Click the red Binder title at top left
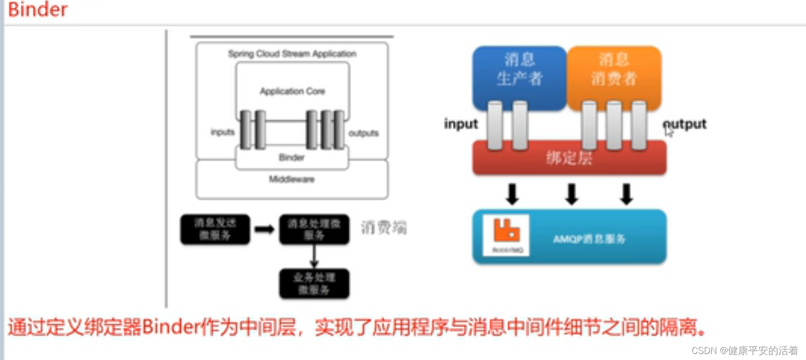[38, 10]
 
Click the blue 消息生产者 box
[519, 70]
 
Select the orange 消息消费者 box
[614, 70]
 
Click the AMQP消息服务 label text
[589, 239]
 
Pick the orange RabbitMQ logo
[506, 231]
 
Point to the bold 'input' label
[460, 124]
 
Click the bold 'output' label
[685, 124]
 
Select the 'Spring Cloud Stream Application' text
[292, 54]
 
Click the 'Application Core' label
[292, 91]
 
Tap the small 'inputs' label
[223, 132]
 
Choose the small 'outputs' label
[363, 133]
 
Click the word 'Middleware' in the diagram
[292, 179]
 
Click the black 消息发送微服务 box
[215, 229]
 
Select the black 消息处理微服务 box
[314, 229]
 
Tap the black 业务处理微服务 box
[314, 283]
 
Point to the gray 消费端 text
[383, 228]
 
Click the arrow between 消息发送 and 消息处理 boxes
[264, 230]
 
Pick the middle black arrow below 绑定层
[571, 194]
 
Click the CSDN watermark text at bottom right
[745, 350]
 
